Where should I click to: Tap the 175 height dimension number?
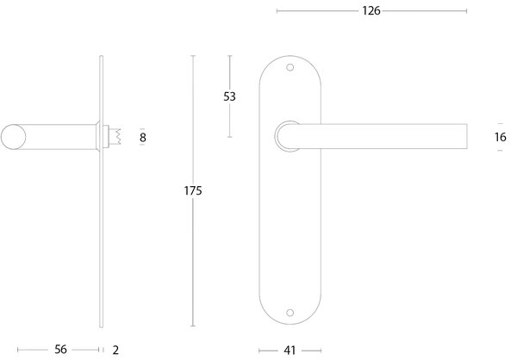(x=193, y=190)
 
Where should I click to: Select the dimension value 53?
(x=230, y=96)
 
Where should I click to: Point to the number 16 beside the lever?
(x=500, y=136)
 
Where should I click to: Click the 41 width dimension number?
(x=291, y=350)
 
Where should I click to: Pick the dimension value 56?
(x=59, y=350)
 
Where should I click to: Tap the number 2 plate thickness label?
(x=115, y=350)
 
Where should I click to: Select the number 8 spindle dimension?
(x=142, y=136)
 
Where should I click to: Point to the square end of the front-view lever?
(x=464, y=136)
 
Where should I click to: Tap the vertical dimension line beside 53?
(x=230, y=121)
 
